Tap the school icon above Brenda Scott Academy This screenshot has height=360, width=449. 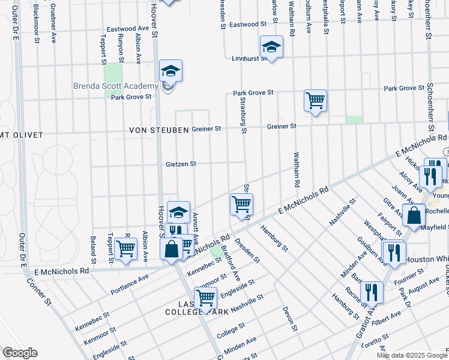pos(170,72)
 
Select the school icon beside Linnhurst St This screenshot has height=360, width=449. pos(271,47)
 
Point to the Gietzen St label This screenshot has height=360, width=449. pos(183,163)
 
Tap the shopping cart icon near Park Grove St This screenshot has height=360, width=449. pos(315,100)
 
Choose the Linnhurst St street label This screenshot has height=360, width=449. pos(249,59)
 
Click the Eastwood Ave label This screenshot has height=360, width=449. pos(128,29)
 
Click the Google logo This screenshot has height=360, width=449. pos(20,353)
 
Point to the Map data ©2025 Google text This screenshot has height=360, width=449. pos(411,355)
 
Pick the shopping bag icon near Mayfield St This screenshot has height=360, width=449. pos(414,215)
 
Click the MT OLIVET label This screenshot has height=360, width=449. pos(22,135)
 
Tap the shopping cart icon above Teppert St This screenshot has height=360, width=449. pos(125,248)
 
